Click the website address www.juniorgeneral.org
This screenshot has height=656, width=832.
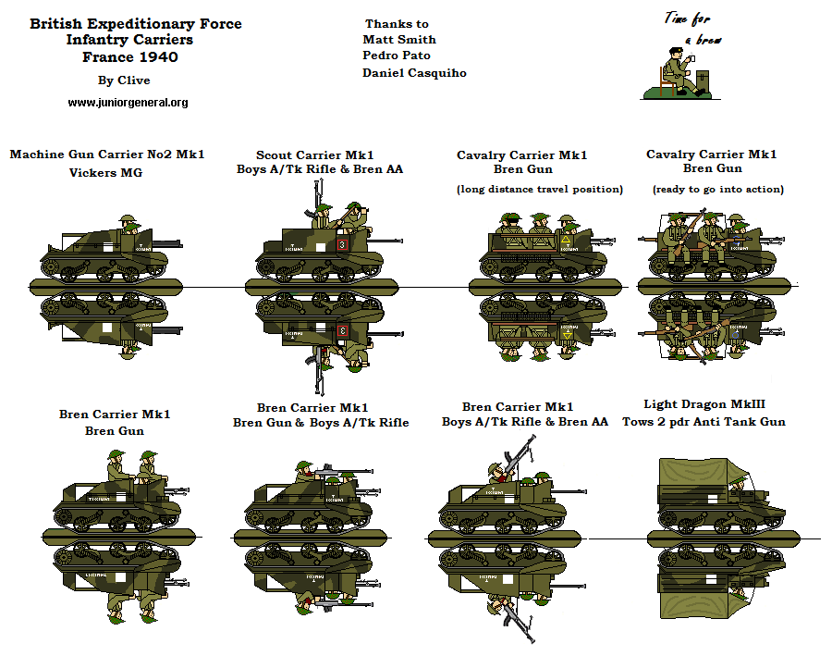[x=128, y=103]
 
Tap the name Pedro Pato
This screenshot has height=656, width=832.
[x=397, y=56]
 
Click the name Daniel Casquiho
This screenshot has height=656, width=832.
[x=414, y=73]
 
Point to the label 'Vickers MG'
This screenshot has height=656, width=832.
[x=105, y=172]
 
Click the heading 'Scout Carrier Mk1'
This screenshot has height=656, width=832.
[x=315, y=155]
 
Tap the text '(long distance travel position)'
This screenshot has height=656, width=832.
[x=540, y=190]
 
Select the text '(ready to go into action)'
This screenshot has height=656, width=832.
[x=717, y=190]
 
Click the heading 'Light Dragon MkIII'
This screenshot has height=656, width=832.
[x=704, y=404]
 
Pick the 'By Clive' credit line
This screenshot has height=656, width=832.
[x=124, y=80]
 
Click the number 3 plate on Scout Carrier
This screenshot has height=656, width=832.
[x=342, y=244]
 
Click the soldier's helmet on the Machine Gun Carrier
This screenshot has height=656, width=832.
[x=128, y=219]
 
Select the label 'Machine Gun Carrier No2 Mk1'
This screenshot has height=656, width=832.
[x=107, y=155]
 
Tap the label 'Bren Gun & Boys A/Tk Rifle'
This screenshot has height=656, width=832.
[x=320, y=423]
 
